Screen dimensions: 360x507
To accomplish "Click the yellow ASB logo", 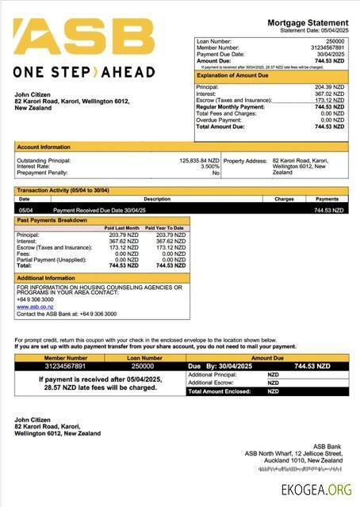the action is click(x=83, y=36).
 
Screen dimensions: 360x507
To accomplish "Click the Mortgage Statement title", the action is click(x=308, y=22).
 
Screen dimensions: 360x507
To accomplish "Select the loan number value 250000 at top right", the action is click(x=335, y=40).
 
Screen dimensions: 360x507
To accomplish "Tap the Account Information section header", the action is click(x=44, y=147).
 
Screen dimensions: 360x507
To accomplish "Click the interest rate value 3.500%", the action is click(x=209, y=166).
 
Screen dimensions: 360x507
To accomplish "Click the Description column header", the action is click(x=156, y=199).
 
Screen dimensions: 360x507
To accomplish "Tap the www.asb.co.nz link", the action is click(x=29, y=307).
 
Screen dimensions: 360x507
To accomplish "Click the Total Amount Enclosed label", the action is click(x=219, y=391).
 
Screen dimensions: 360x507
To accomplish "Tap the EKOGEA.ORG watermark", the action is click(x=316, y=490).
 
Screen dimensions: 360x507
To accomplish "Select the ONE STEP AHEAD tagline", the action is click(x=84, y=72).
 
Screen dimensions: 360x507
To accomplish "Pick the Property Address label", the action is click(x=246, y=160).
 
